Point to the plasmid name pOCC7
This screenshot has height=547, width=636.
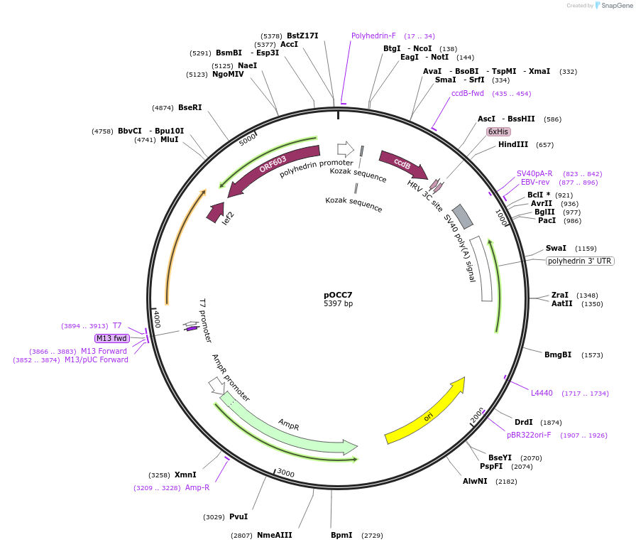pyautogui.click(x=338, y=295)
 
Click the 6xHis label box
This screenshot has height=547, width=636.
pyautogui.click(x=498, y=131)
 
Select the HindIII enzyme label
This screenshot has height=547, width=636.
pyautogui.click(x=513, y=144)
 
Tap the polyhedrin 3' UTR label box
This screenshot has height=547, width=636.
pyautogui.click(x=580, y=261)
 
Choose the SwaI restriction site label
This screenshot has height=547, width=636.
pyautogui.click(x=556, y=248)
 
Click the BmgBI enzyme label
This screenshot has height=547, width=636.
pyautogui.click(x=558, y=354)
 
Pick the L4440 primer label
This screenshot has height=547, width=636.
pyautogui.click(x=542, y=393)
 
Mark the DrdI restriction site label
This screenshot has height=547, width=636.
pyautogui.click(x=524, y=422)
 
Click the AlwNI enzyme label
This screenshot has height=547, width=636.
pyautogui.click(x=475, y=481)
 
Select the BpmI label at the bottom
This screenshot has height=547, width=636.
pyautogui.click(x=341, y=535)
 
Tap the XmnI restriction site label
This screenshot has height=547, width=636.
pyautogui.click(x=185, y=475)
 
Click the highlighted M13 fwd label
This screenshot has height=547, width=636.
pyautogui.click(x=111, y=338)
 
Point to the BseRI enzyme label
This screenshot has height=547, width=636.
pyautogui.click(x=190, y=107)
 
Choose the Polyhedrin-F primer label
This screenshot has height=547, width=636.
pyautogui.click(x=373, y=36)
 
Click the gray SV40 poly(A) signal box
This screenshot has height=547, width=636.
pyautogui.click(x=463, y=216)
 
